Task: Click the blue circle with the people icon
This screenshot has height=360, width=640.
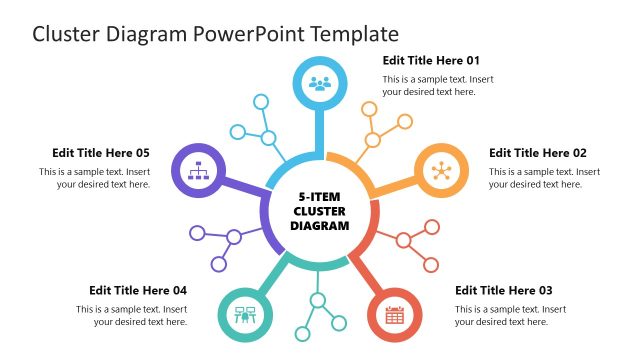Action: point(320,83)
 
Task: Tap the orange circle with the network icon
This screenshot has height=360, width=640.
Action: point(441,171)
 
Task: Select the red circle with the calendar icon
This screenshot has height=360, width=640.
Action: point(394,316)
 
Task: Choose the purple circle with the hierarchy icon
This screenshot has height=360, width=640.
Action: point(198,171)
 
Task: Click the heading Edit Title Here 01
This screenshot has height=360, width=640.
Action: point(431,60)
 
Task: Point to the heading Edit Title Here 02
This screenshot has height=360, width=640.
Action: point(538,153)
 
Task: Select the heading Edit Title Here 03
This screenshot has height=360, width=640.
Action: point(503,291)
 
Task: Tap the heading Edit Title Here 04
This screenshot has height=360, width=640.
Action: point(138,291)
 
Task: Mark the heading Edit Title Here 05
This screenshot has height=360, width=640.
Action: point(101,153)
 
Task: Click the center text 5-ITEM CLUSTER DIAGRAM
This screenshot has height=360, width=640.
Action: point(320,211)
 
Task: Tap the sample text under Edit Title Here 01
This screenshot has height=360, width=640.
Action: point(438,85)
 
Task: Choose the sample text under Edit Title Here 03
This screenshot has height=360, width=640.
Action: point(510,315)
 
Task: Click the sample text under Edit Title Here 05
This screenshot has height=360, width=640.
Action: point(95,178)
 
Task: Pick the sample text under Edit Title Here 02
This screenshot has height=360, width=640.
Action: point(544,178)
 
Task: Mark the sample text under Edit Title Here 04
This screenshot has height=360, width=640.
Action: point(132,315)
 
